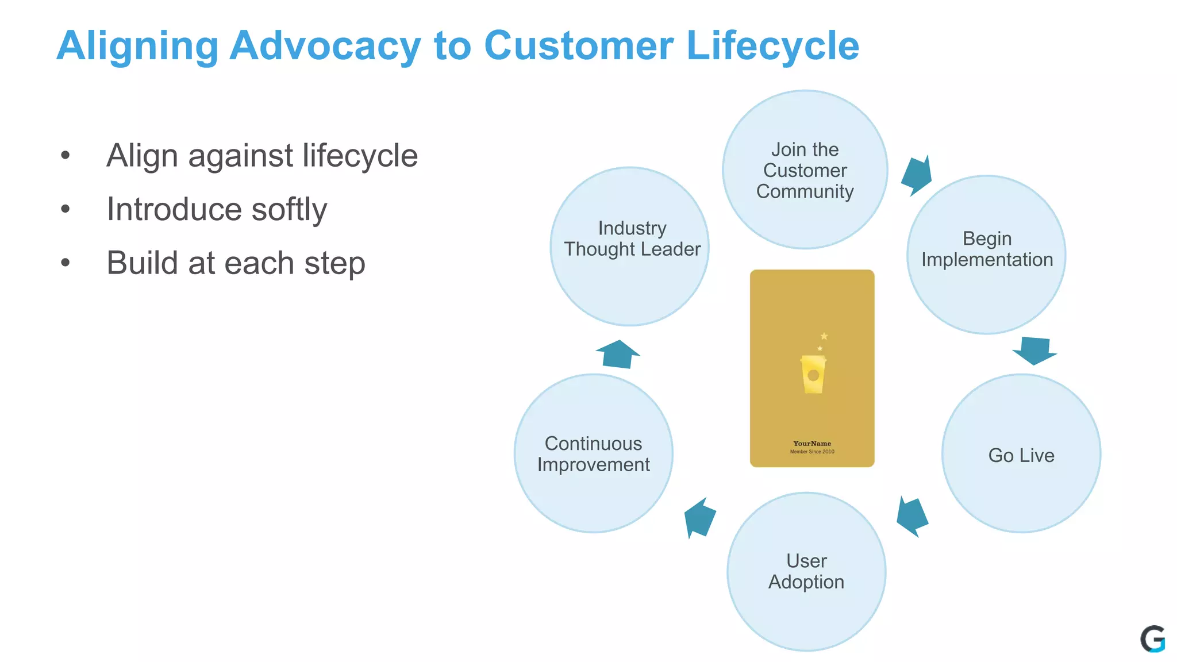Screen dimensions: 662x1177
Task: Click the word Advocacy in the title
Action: point(325,46)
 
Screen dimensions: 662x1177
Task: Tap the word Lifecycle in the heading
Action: point(772,46)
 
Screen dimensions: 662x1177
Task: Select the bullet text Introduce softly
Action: point(217,209)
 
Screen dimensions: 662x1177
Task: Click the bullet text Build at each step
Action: point(236,263)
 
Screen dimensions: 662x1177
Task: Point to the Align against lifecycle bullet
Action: point(262,156)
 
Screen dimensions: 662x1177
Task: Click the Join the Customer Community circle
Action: point(805,170)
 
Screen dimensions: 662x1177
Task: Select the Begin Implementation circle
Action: point(986,255)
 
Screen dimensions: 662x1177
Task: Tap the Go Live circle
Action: point(1021,455)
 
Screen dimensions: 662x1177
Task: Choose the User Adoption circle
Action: point(806,571)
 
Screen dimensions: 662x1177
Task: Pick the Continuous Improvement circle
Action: point(593,454)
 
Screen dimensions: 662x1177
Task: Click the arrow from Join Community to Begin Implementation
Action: point(917,176)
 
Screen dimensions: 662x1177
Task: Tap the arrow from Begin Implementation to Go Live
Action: point(1034,351)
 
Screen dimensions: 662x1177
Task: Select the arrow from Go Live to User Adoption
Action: point(912,516)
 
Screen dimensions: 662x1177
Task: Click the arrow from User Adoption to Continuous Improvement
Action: point(699,517)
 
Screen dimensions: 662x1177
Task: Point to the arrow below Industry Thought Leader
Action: point(618,355)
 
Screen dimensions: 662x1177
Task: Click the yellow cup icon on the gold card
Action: point(813,375)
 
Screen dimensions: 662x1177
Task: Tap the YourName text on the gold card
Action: point(812,444)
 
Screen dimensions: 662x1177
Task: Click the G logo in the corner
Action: point(1152,639)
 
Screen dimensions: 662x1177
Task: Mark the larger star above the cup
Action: point(824,336)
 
